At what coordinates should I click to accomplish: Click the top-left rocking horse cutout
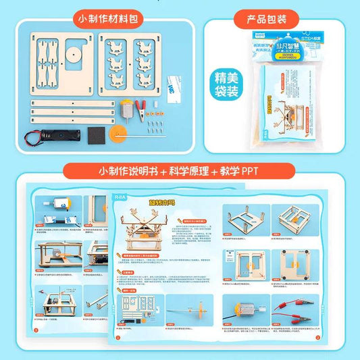(120, 47)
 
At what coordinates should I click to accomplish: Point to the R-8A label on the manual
(121, 199)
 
